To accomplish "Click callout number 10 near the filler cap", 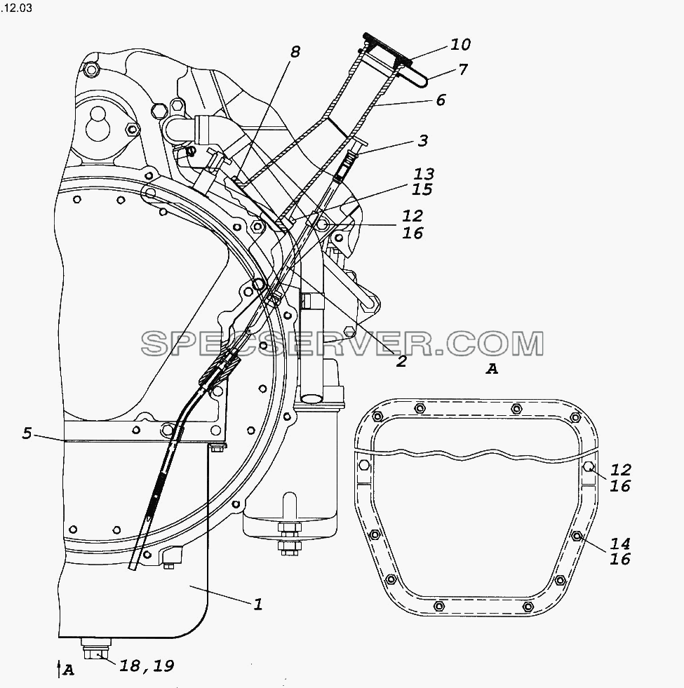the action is (x=460, y=44).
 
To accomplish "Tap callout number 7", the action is (x=463, y=69).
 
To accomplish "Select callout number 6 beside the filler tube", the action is (x=441, y=100).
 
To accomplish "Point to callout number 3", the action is (x=423, y=140).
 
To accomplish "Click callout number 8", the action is (x=295, y=52).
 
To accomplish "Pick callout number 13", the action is (x=424, y=174).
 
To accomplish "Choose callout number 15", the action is (x=422, y=189).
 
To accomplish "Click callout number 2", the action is (x=401, y=361).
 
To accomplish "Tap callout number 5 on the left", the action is (x=27, y=433).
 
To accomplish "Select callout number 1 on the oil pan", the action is (x=258, y=605).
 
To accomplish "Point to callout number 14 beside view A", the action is (x=620, y=544).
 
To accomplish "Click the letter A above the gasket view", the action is (x=492, y=370).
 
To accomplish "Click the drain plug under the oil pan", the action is (x=95, y=647).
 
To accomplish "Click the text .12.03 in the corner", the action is (x=16, y=8).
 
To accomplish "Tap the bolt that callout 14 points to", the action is (x=577, y=536).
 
